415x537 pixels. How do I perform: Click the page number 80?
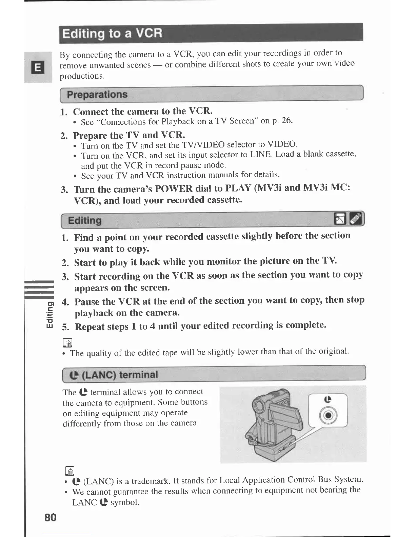click(50, 517)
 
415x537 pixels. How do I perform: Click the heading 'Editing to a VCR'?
click(112, 34)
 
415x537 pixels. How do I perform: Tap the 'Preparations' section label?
click(97, 94)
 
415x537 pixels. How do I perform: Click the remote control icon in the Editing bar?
click(356, 219)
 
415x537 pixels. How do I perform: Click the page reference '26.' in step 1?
click(286, 120)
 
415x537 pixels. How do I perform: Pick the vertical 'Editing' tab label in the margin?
click(50, 315)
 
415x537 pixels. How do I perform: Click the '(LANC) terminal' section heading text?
click(120, 375)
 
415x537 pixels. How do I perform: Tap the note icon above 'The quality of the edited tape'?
click(67, 343)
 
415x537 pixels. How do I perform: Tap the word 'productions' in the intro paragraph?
click(81, 76)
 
